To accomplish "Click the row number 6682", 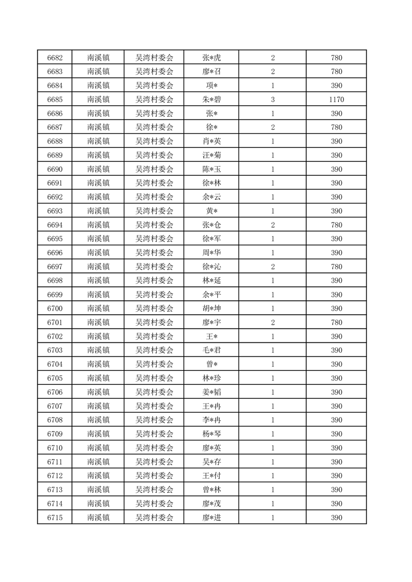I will click(55, 57).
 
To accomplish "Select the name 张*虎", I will click(211, 57).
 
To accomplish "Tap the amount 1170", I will click(336, 99).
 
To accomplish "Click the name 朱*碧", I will click(211, 99).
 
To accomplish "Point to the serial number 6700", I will click(55, 309).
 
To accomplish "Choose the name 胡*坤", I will click(211, 309).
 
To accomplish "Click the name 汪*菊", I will click(211, 155).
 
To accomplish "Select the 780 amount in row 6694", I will click(336, 225).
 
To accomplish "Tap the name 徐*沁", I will click(211, 267).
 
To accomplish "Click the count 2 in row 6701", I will click(273, 323).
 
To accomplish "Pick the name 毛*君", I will click(211, 351).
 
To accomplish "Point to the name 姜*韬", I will click(211, 392).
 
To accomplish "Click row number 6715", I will click(55, 518).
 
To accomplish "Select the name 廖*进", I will click(211, 518).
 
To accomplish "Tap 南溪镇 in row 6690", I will click(98, 169).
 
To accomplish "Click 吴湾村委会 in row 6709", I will click(154, 434).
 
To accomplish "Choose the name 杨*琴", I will click(211, 434).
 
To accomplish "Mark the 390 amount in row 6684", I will click(336, 85).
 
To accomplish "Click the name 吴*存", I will click(211, 462).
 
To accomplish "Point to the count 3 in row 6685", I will click(273, 99).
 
